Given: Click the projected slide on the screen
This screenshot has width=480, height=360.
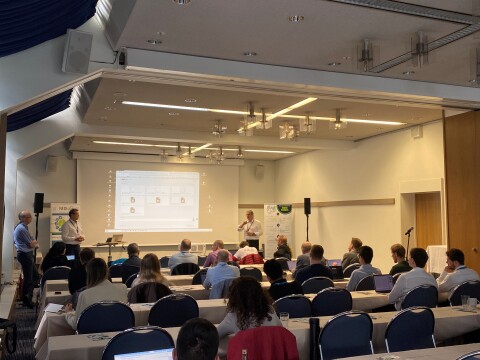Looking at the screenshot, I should (157, 200).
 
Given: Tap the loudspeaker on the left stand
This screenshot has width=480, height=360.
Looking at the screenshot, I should (39, 202).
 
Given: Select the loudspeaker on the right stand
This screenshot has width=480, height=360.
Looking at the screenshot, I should (307, 206).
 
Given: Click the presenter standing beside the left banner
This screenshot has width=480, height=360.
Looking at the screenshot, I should (72, 232).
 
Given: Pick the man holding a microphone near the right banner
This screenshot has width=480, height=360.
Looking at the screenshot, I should (252, 229).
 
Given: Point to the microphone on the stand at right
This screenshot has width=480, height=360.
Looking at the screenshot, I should (408, 231).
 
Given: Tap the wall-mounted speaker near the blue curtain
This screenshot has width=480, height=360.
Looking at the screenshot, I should (77, 51).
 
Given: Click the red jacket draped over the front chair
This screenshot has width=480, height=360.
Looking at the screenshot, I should (263, 343).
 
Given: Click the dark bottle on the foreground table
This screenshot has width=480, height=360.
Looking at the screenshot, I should (314, 337).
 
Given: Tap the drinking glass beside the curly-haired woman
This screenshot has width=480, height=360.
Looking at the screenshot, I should (284, 319).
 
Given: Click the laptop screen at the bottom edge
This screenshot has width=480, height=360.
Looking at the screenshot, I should (144, 354).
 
